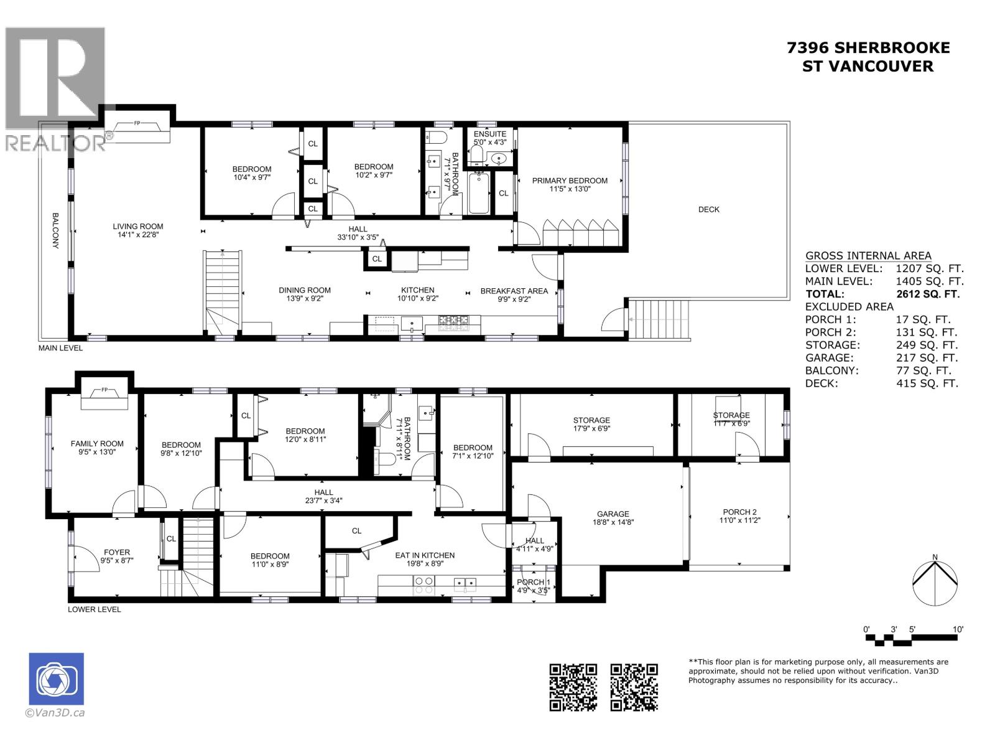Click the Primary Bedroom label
569,184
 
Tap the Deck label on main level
708,209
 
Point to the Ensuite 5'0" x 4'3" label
490,138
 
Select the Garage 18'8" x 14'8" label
613,518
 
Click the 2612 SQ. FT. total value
927,294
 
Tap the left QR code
573,687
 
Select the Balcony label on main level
55,231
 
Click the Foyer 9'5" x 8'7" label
117,555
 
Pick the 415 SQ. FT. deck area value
927,383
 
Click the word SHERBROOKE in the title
891,47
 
